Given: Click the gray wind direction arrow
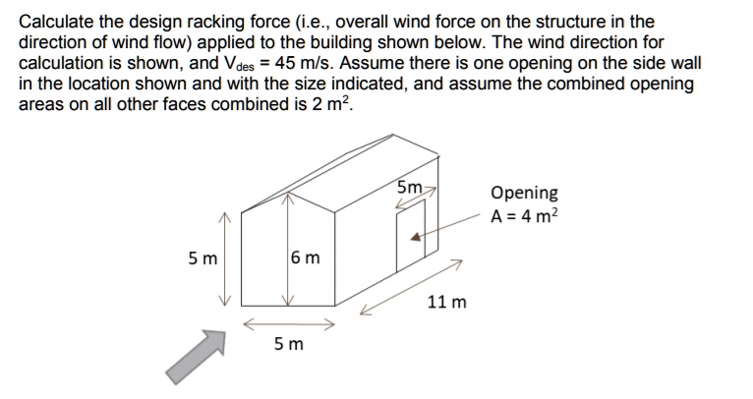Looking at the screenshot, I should click(192, 355).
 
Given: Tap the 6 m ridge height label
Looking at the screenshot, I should click(307, 259).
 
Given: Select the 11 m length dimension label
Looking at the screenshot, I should click(447, 301).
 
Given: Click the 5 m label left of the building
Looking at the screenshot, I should click(203, 259).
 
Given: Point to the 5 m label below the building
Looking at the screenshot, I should click(289, 344).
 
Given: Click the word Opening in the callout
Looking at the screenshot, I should click(524, 193).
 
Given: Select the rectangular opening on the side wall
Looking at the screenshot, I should click(410, 236).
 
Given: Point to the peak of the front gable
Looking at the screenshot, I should click(287, 191).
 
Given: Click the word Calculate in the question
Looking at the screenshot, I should click(60, 21).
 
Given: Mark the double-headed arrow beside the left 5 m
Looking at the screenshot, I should click(225, 259).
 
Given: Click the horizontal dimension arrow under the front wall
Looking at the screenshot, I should click(289, 322).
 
